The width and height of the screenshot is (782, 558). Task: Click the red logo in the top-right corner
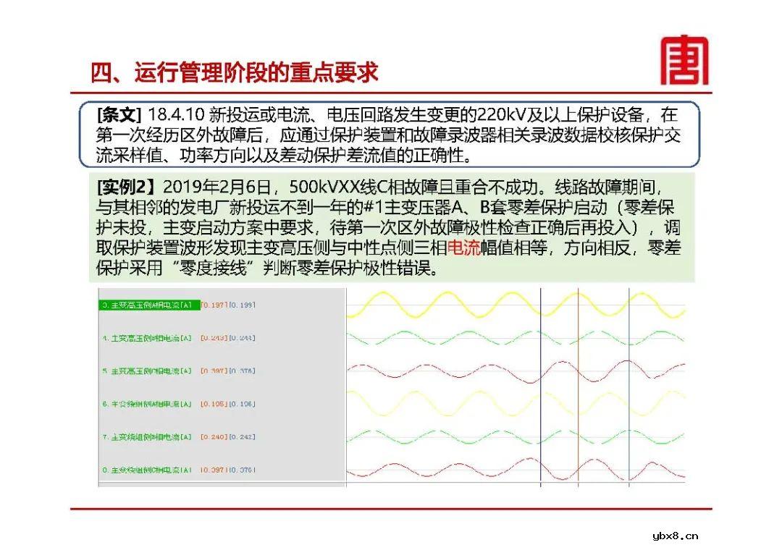point(684,61)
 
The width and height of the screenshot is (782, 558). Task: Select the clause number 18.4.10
point(175,115)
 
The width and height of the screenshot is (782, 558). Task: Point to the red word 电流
point(464,248)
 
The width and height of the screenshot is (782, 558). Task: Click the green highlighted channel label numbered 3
point(148,305)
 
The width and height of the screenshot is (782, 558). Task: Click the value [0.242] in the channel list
point(242,437)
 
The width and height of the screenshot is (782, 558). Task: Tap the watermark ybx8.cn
point(675,536)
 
